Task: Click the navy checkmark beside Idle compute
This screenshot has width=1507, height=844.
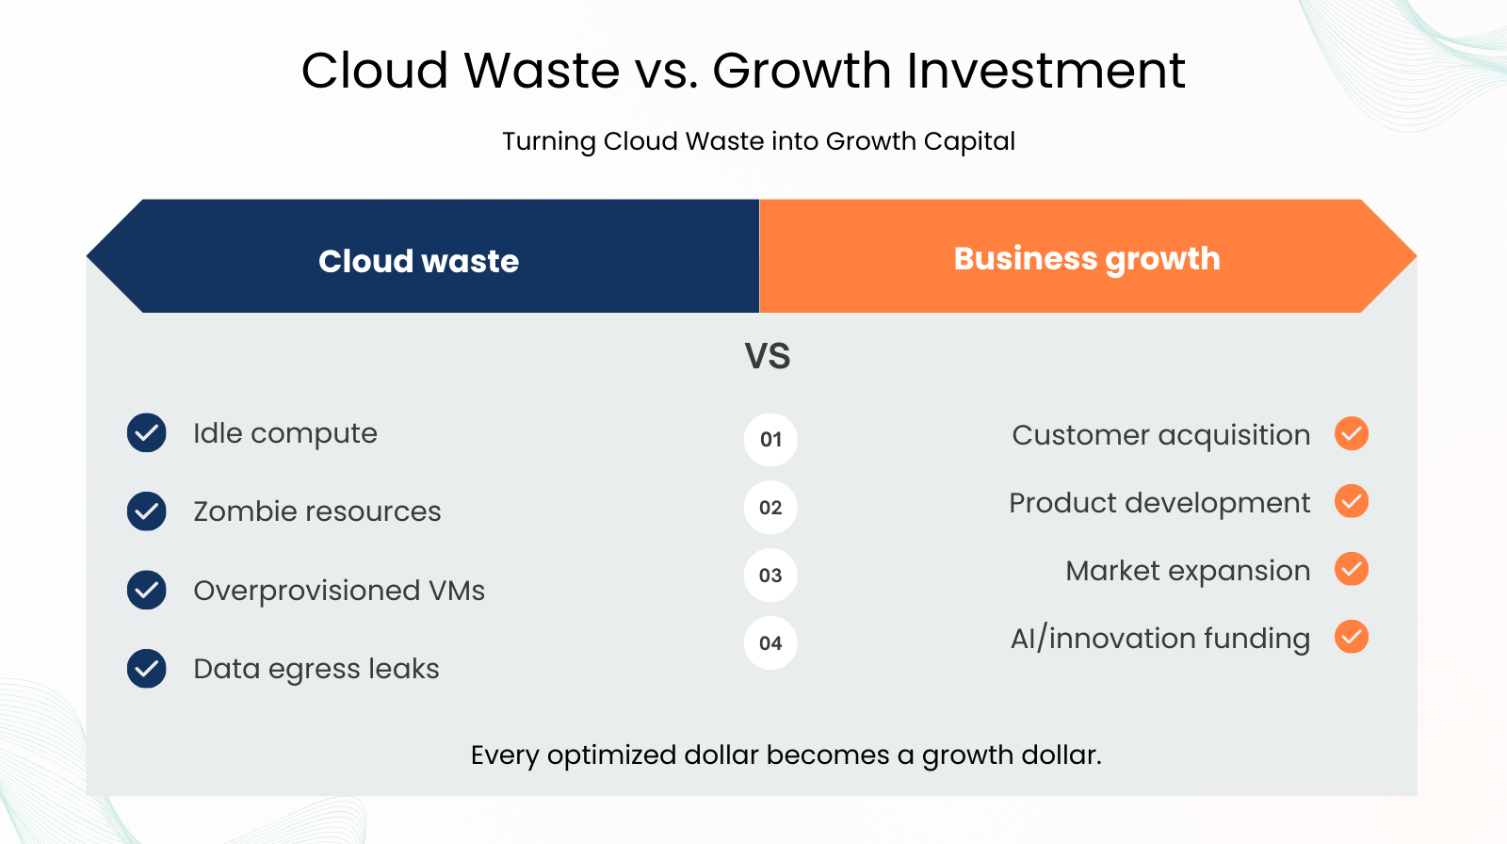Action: [x=147, y=432]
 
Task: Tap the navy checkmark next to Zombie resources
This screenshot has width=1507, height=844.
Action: [x=147, y=511]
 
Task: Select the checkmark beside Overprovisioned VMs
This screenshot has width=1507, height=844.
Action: [x=147, y=591]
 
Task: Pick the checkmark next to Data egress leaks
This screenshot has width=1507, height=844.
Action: [x=147, y=669]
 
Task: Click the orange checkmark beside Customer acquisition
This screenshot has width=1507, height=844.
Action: [x=1352, y=433]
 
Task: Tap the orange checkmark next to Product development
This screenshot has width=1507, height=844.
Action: [x=1352, y=501]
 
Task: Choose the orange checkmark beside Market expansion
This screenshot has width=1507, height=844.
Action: [x=1352, y=569]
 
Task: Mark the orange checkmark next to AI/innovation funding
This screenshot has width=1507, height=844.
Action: [x=1352, y=637]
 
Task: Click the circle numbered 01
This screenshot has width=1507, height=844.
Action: [x=770, y=440]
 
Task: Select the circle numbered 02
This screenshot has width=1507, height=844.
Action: [x=770, y=508]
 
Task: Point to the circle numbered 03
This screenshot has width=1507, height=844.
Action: [x=770, y=576]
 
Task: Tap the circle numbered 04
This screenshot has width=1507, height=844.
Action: [x=770, y=642]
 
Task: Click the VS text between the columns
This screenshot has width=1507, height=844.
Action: [x=768, y=356]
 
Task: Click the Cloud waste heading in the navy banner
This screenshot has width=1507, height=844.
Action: [x=418, y=261]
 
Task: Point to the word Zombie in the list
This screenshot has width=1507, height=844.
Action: [x=241, y=511]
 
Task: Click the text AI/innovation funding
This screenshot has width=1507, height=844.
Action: [x=1160, y=639]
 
